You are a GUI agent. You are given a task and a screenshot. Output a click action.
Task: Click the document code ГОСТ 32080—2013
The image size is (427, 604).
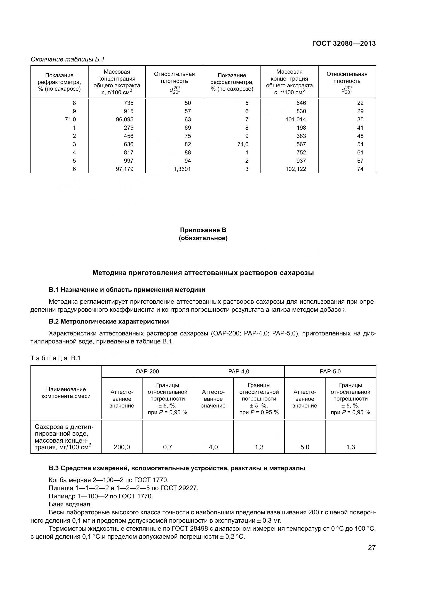pyautogui.click(x=344, y=43)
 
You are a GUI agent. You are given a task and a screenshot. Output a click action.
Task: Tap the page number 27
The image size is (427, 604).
pyautogui.click(x=371, y=548)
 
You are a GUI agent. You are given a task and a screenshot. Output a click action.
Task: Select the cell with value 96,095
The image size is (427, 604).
pyautogui.click(x=125, y=120)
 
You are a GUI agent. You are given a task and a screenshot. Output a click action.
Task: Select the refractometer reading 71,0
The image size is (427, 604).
pyautogui.click(x=70, y=120)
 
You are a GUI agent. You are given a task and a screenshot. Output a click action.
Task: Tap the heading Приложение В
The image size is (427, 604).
pyautogui.click(x=203, y=230)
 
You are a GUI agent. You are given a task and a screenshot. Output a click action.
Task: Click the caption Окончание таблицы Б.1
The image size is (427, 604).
pyautogui.click(x=68, y=59)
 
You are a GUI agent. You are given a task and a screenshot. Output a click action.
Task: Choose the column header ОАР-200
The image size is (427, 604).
pyautogui.click(x=147, y=371)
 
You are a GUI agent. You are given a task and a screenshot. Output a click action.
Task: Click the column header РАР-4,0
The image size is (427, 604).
pyautogui.click(x=239, y=371)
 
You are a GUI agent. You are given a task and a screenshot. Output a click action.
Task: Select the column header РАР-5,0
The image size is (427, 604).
pyautogui.click(x=330, y=371)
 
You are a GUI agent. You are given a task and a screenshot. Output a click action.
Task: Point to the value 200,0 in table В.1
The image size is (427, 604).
pyautogui.click(x=122, y=447)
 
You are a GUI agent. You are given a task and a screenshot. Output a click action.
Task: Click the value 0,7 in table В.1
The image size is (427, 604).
pyautogui.click(x=168, y=447)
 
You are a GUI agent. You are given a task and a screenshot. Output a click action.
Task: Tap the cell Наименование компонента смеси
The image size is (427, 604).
pyautogui.click(x=66, y=393)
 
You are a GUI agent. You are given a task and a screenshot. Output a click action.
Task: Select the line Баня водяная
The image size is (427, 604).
pyautogui.click(x=70, y=504)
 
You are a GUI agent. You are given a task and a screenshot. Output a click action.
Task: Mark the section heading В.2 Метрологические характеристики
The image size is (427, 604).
pyautogui.click(x=109, y=321)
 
